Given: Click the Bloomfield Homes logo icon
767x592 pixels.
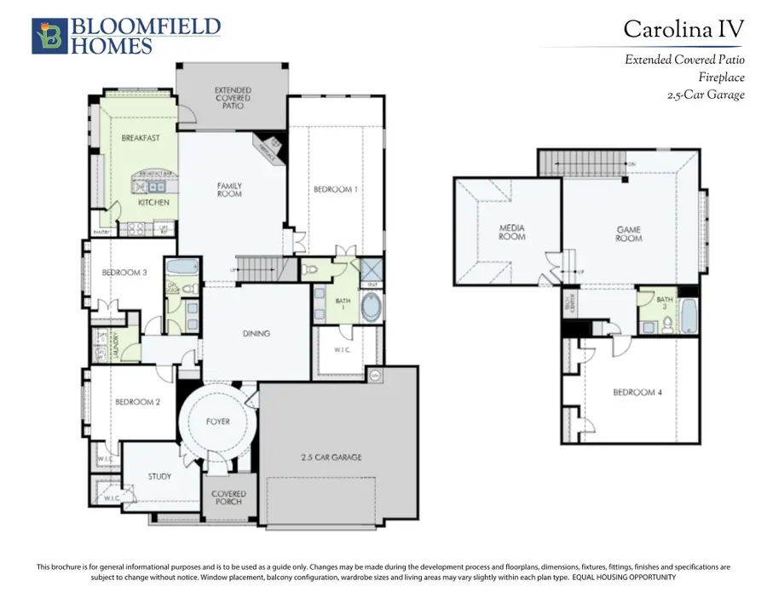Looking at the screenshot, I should coord(46,36).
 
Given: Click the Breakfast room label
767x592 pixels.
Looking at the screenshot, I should coord(141,138).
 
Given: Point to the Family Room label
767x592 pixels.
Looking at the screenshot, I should coord(229,189).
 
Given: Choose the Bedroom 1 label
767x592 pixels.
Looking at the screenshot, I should coord(333,189).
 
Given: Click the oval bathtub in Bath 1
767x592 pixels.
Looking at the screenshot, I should coord(372,308).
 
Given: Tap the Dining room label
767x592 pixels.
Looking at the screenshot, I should coord(256,333).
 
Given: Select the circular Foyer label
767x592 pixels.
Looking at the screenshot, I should coord(218,421).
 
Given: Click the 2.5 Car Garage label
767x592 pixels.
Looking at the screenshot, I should coord(330,457).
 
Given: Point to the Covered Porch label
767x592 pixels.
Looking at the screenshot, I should coord(228,498).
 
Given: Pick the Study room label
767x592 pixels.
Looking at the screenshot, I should coord(159,476).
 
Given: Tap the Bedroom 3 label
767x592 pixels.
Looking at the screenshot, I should coord(125,273).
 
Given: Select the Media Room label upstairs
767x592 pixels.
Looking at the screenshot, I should coord(511,232).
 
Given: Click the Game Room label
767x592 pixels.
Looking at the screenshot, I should coord(629,233).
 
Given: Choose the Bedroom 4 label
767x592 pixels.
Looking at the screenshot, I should coord(636,393).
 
